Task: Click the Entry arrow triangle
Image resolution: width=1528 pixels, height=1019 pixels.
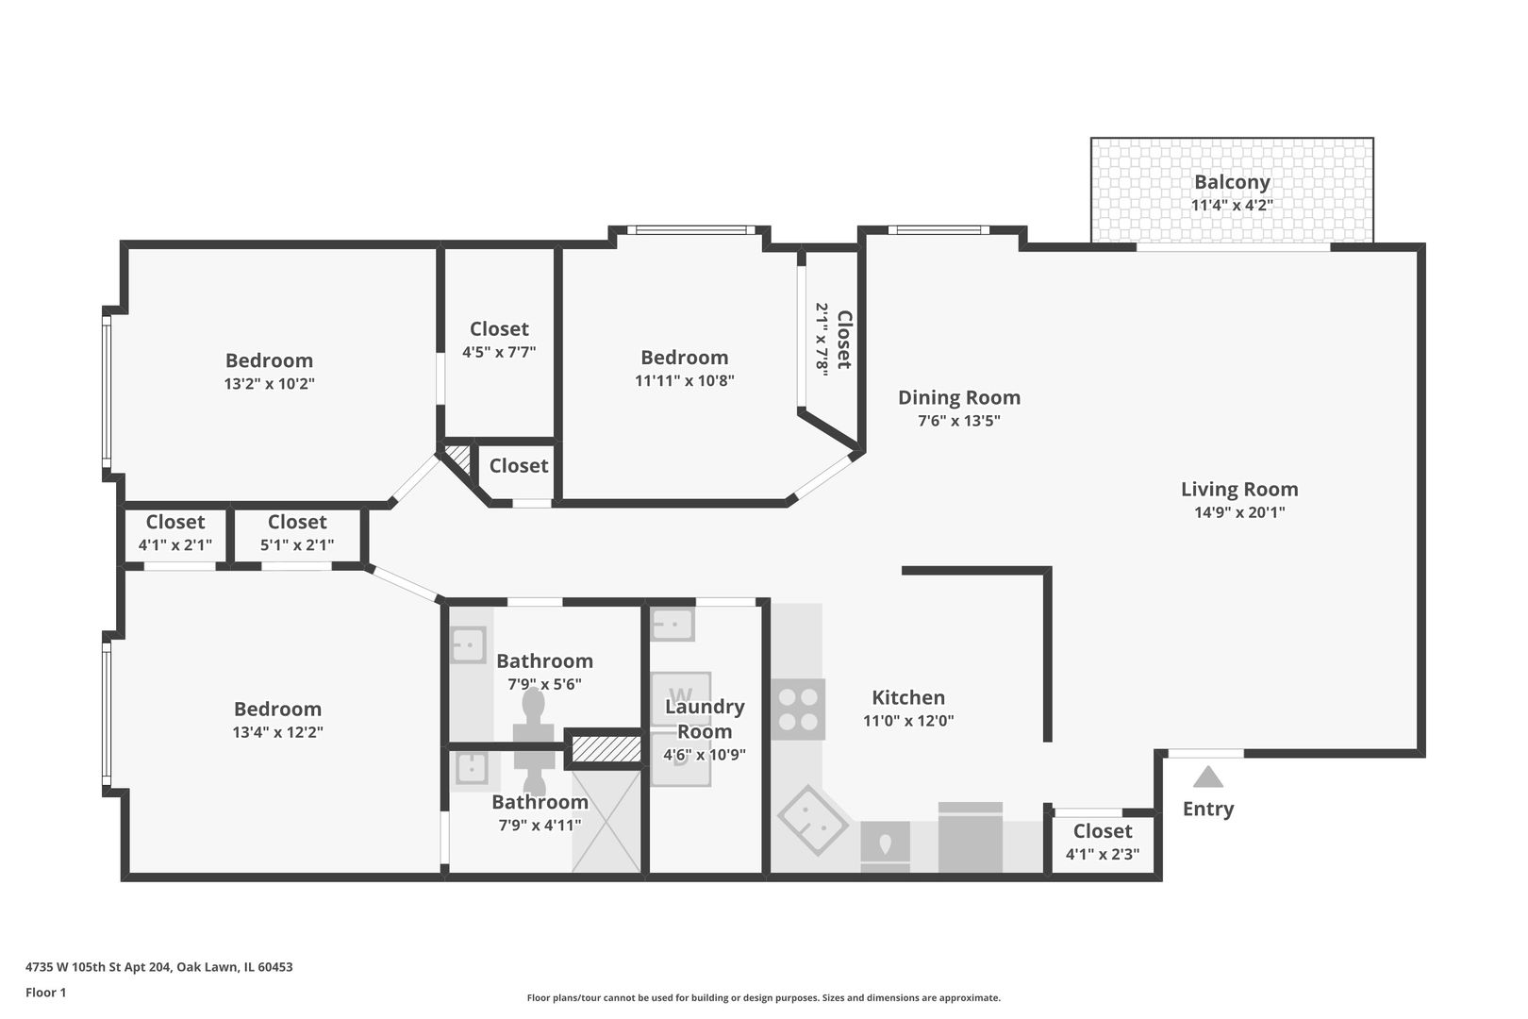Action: tap(1207, 777)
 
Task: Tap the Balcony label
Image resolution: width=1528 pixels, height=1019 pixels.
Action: tap(1232, 182)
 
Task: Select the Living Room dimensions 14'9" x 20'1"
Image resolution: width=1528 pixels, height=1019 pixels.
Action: tap(1238, 512)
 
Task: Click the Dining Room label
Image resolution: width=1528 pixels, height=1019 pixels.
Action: tap(958, 397)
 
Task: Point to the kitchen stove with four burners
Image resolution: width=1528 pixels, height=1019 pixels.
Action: tap(798, 710)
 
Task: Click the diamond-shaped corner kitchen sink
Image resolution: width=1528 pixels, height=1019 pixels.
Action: tap(812, 819)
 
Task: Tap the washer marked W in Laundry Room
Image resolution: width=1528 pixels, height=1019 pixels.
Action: tap(681, 696)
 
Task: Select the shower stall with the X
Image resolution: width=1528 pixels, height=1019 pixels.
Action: tap(606, 821)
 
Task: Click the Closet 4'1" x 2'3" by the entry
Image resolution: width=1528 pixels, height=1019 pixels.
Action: tap(1102, 843)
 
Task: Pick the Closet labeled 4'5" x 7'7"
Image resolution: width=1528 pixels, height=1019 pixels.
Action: tap(499, 340)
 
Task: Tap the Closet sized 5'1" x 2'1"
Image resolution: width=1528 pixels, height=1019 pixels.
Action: tap(296, 533)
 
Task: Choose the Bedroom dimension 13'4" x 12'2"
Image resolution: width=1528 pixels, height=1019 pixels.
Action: tap(277, 731)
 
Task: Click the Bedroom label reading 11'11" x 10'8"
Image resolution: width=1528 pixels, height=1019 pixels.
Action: tap(684, 369)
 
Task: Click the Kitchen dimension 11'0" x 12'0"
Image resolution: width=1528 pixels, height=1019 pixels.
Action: tap(907, 721)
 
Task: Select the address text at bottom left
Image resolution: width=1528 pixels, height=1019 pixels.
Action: tap(158, 967)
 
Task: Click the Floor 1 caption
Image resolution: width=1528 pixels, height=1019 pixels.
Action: tap(45, 993)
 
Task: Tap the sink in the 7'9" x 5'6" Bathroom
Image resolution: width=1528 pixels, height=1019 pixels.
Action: tap(467, 645)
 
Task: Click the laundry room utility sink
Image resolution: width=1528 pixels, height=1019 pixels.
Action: tap(673, 624)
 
